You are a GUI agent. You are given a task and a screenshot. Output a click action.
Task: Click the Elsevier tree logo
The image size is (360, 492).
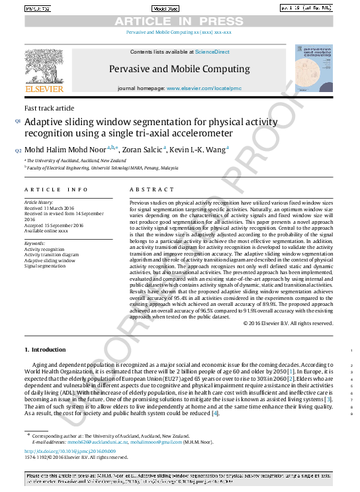(44, 66)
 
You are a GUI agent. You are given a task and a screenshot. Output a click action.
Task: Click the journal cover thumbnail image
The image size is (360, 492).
(313, 70)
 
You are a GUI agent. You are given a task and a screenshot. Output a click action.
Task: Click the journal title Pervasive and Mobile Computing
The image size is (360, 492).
(179, 68)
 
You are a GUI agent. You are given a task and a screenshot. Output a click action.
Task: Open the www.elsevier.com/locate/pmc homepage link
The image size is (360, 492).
(198, 88)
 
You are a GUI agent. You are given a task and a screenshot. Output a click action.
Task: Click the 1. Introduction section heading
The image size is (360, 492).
(45, 349)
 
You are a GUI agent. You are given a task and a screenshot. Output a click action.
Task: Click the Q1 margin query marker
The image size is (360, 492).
(18, 121)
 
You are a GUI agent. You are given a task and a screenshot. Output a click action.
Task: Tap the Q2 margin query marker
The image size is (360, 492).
(18, 150)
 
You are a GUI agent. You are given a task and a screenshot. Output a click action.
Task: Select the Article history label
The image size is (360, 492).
(40, 201)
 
